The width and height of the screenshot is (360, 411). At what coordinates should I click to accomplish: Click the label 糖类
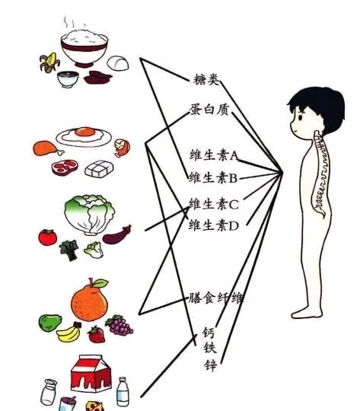[x=205, y=79]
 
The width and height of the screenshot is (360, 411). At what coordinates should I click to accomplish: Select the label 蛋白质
[x=209, y=109]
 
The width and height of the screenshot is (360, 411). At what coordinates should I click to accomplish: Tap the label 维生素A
[x=214, y=155]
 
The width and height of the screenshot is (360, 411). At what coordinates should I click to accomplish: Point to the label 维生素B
[x=213, y=177]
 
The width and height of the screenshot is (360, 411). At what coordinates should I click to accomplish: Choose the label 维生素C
[x=214, y=204]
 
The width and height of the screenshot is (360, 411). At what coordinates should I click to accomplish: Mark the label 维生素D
[x=214, y=225]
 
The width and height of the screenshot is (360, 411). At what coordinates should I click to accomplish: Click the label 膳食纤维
[x=215, y=298]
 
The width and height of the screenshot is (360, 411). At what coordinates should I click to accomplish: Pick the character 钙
[x=209, y=333]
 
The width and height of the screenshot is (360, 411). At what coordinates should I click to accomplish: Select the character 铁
[x=210, y=348]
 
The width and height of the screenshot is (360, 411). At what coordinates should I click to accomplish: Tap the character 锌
[x=211, y=365]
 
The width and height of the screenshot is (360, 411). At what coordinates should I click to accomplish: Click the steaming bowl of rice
[x=84, y=47]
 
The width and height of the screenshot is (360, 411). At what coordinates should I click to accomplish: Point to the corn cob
[x=49, y=62]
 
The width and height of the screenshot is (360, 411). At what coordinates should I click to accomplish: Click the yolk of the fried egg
[x=84, y=132]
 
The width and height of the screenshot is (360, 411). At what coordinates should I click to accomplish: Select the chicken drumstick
[x=48, y=148]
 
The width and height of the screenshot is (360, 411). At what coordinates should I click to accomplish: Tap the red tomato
[x=47, y=237]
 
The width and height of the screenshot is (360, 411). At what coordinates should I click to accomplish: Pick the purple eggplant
[x=117, y=235]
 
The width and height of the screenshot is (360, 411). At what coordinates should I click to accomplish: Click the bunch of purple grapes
[x=119, y=325]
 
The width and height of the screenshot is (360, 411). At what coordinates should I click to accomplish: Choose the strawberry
[x=97, y=334]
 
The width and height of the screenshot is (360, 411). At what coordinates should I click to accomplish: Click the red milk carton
[x=91, y=374]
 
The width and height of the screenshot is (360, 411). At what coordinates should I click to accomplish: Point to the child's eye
[x=300, y=116]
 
